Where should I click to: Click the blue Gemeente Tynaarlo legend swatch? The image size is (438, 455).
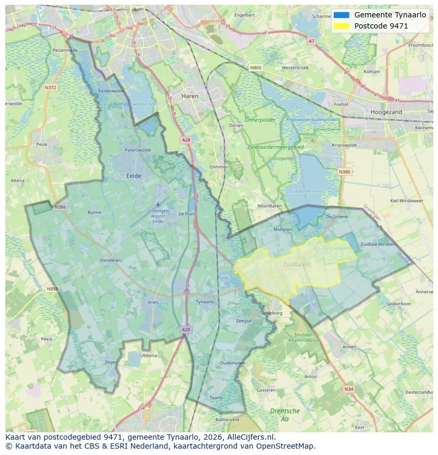[341, 15]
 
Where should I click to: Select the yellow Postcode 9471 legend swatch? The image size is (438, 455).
[341, 26]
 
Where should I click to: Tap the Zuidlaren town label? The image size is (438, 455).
[296, 265]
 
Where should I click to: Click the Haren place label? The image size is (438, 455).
[190, 96]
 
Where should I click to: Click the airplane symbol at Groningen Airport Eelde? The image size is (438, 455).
[158, 204]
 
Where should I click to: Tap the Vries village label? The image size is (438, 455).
[153, 302]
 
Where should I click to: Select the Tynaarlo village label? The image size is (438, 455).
[205, 302]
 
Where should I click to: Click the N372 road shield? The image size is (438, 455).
[51, 88]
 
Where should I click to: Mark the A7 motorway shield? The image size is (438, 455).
[311, 41]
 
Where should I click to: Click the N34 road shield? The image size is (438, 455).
[348, 389]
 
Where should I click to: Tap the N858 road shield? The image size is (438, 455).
[52, 289]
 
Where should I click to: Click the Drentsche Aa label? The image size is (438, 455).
[285, 414]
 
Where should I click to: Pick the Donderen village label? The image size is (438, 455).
[111, 260]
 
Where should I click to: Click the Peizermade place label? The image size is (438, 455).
[65, 50]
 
